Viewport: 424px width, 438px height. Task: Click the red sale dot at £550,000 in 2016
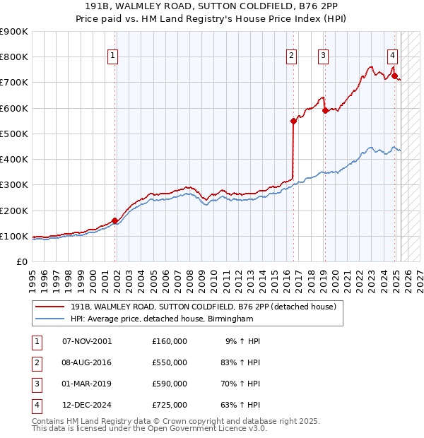tap(293, 121)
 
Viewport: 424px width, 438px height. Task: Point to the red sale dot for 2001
tap(114, 220)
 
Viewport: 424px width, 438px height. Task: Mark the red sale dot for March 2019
tap(324, 110)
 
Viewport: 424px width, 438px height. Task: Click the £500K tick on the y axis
tap(16, 134)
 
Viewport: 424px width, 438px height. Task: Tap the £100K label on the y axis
tap(16, 236)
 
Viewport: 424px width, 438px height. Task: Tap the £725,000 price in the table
tap(170, 405)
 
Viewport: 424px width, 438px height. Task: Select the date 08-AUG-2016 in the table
tap(88, 362)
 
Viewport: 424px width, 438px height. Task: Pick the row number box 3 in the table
tap(35, 384)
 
